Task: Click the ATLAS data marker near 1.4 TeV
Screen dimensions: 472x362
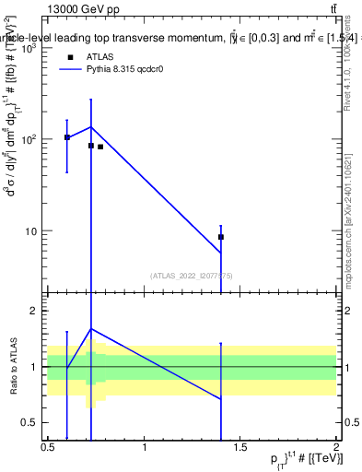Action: click(221, 237)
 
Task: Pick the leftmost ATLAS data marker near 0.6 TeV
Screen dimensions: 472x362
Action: click(67, 137)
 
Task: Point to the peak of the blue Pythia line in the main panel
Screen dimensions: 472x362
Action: click(91, 127)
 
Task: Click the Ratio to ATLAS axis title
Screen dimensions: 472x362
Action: click(12, 367)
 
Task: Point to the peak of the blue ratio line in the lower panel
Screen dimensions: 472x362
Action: click(91, 328)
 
